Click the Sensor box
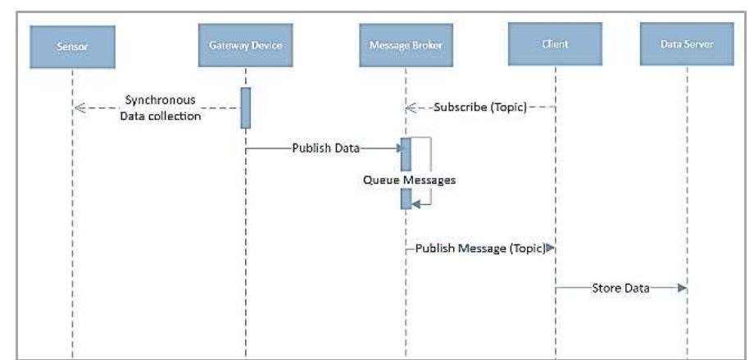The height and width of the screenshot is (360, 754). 71,45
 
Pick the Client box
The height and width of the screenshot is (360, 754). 555,43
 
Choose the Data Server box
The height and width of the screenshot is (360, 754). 687,45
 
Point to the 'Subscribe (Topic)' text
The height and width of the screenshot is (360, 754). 479,107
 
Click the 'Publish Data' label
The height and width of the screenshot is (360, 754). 326,148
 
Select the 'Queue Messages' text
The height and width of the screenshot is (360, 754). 409,180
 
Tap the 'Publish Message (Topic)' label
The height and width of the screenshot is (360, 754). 479,247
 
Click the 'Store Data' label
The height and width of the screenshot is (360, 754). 620,289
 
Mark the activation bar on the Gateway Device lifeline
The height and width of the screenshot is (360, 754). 245,107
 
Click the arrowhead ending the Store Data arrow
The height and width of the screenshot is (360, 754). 681,289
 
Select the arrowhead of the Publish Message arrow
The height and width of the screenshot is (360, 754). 550,247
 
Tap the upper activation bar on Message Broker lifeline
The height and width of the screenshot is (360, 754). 405,154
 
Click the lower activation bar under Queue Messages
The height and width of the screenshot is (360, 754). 405,199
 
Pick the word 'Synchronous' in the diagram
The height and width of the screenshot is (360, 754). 160,99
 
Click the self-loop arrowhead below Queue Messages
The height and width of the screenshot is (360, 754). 415,205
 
